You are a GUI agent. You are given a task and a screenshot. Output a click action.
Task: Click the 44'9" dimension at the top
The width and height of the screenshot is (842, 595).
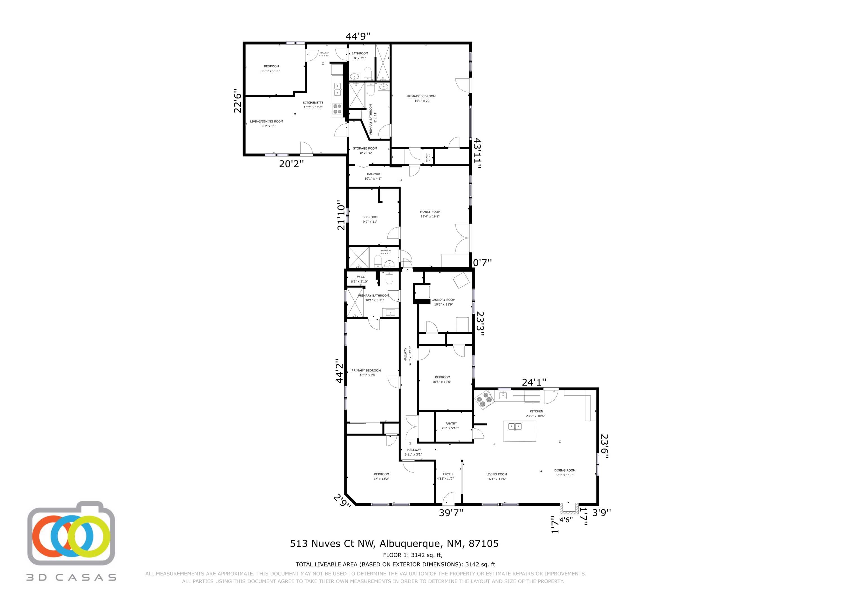point(358,36)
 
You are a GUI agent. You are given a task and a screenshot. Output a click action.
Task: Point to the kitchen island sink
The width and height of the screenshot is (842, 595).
point(515,426)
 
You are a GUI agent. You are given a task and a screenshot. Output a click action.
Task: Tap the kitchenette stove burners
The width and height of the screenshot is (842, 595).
point(337,109)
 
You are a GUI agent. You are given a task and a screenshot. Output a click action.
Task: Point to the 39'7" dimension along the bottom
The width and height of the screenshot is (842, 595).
point(451,513)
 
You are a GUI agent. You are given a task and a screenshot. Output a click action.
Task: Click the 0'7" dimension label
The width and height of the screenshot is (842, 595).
point(482,263)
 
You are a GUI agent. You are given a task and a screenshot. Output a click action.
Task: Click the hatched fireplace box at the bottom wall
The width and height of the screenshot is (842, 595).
point(568,508)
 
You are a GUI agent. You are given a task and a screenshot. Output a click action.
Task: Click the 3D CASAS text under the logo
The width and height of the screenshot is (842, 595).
point(71,577)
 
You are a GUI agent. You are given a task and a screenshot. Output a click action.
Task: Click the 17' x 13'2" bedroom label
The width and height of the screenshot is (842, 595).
point(381,476)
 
